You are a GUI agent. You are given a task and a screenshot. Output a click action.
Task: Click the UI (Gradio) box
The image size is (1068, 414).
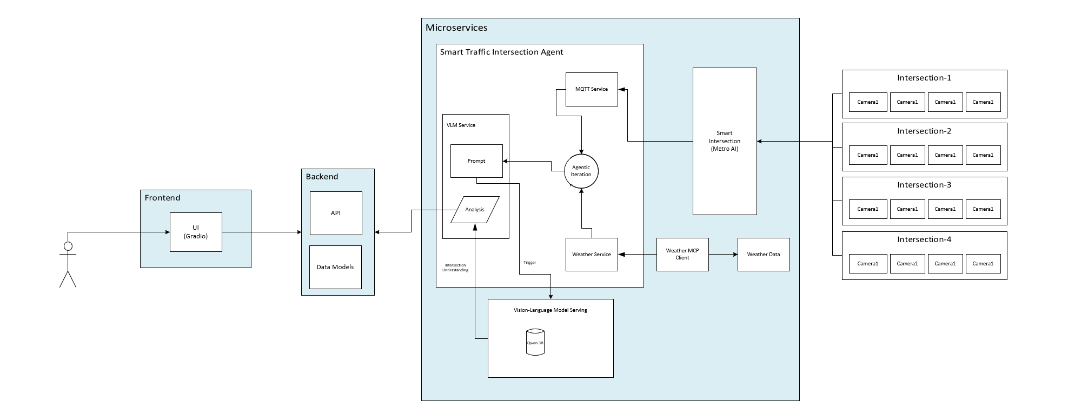(x=196, y=232)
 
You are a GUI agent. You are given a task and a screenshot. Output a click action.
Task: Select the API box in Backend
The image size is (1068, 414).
(x=336, y=213)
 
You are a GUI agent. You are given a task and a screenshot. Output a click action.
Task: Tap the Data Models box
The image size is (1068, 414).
(x=335, y=267)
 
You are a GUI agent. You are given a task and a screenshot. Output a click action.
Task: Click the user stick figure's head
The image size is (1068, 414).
(x=68, y=246)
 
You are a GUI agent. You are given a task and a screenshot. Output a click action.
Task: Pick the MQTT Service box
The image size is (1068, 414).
(x=592, y=89)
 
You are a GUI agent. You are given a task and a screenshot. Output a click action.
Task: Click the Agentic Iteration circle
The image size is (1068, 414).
(x=581, y=171)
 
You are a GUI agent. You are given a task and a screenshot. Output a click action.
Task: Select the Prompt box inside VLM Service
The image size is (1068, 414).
(x=476, y=161)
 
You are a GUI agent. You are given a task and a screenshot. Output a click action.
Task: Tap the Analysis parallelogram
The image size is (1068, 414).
(x=475, y=210)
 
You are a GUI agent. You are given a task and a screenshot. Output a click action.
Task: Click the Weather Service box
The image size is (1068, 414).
(x=592, y=255)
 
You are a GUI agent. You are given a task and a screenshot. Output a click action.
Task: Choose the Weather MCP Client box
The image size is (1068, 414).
(x=682, y=254)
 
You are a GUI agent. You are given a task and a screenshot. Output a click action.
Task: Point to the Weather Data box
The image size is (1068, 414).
(x=764, y=255)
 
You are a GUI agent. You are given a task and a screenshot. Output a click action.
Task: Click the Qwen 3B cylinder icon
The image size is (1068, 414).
(x=535, y=342)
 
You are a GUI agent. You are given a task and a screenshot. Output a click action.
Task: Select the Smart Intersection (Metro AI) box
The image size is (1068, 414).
(x=725, y=141)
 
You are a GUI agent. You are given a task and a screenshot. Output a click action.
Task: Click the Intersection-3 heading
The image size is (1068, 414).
(x=924, y=185)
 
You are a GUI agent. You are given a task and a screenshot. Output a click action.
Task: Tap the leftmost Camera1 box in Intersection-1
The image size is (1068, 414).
(x=868, y=102)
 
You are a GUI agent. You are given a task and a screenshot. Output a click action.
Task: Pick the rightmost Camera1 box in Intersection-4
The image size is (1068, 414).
(x=983, y=264)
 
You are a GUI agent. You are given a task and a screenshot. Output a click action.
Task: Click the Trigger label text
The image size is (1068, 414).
(x=530, y=263)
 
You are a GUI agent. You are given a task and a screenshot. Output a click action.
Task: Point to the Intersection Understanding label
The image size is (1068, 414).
(x=455, y=268)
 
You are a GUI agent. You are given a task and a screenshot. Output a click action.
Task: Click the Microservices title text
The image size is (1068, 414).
(x=456, y=28)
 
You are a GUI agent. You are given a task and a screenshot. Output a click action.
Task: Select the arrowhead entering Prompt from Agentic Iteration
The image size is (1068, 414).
(x=506, y=161)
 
